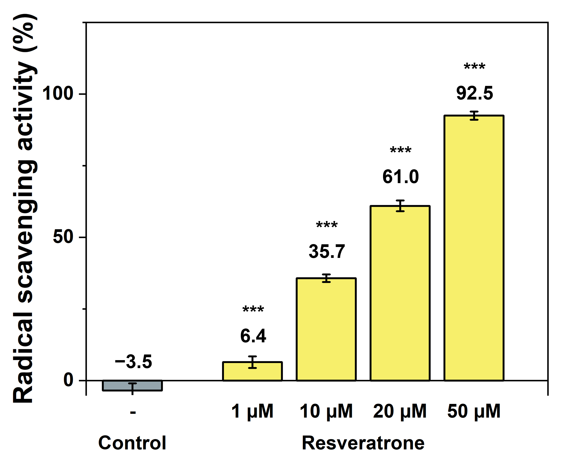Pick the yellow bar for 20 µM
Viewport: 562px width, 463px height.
[400, 293]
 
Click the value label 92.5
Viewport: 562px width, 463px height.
[474, 93]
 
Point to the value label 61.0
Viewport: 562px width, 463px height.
[400, 177]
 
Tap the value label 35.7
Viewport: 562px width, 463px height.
[327, 251]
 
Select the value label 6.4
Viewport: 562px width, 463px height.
[253, 336]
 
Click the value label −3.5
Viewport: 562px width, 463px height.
[133, 362]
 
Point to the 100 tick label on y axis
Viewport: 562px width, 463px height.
[58, 94]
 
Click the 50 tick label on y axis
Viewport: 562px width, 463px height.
[63, 237]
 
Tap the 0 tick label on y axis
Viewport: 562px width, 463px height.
[68, 380]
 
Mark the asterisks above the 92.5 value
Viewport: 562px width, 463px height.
[474, 66]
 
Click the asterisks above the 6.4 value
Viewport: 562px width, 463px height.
[253, 309]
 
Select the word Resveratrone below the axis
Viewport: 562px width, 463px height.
[363, 443]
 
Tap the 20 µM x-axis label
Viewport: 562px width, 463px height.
[400, 411]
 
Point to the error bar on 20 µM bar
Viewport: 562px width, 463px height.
[400, 206]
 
